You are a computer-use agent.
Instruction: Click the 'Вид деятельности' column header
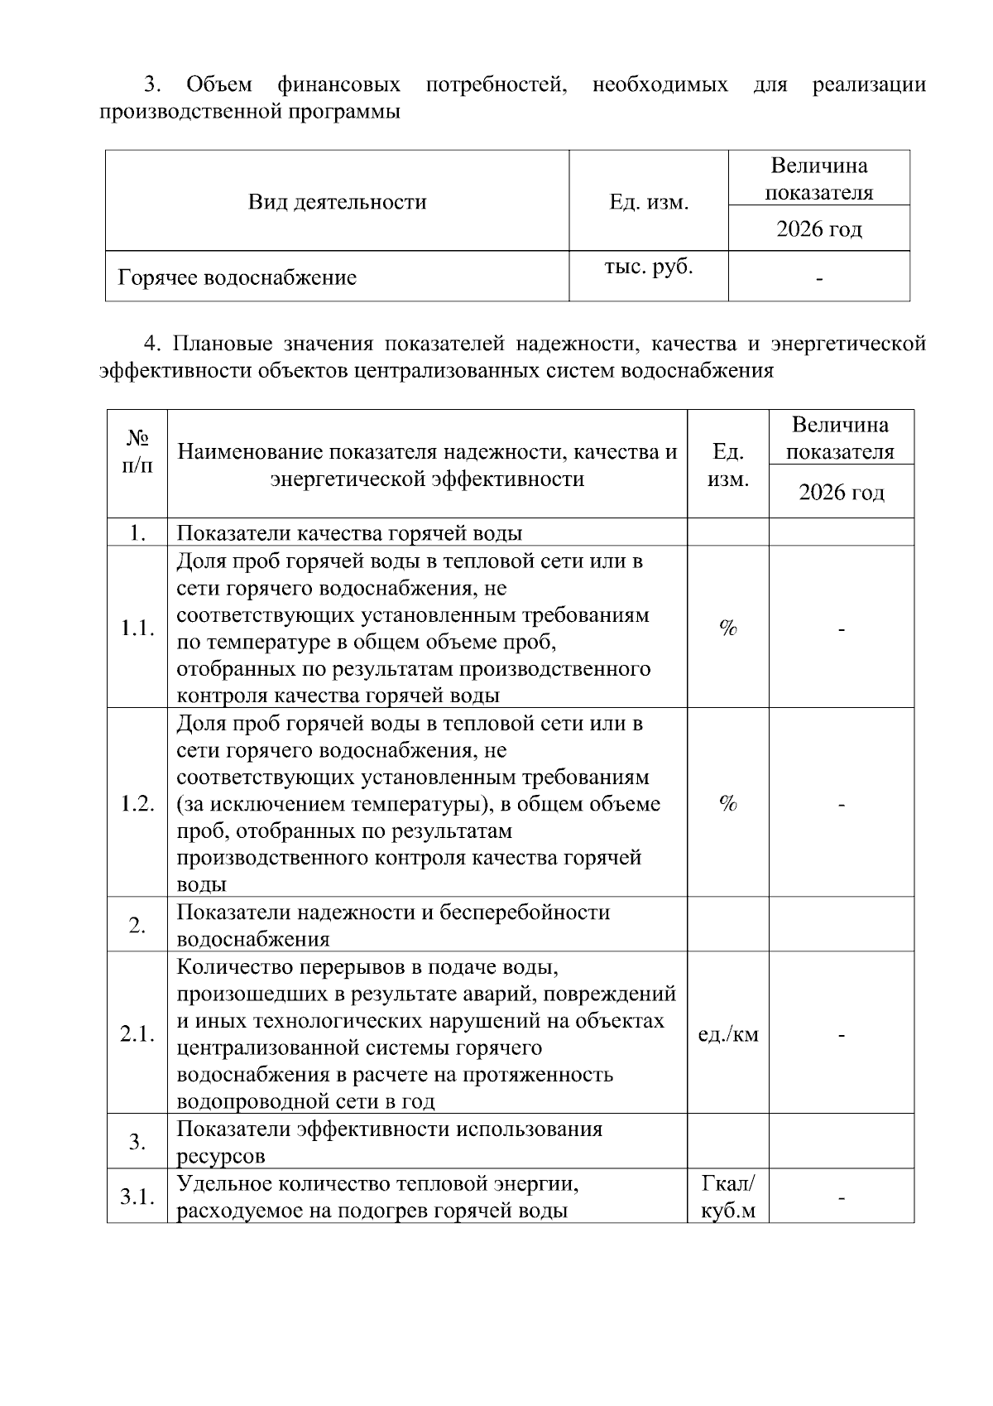(337, 201)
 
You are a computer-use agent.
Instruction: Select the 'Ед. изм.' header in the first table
(649, 202)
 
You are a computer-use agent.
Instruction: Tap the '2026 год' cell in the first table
(818, 229)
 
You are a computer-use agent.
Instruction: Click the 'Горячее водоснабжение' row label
(237, 277)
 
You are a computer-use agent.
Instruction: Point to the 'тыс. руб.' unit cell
(649, 267)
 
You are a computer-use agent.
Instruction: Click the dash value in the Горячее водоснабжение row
(819, 279)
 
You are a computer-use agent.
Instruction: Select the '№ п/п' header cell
(137, 450)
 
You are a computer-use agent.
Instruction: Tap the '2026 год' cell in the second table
(841, 493)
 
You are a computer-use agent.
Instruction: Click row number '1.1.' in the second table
(137, 628)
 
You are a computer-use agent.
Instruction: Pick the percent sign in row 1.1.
(728, 628)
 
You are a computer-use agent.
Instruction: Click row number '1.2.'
(137, 803)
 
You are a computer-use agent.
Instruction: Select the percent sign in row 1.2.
(728, 803)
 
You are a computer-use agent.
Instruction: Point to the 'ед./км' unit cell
(728, 1034)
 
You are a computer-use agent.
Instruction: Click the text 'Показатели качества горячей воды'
(349, 533)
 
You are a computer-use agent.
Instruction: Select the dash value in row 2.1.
(841, 1035)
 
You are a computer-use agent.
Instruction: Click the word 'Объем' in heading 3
(219, 84)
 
